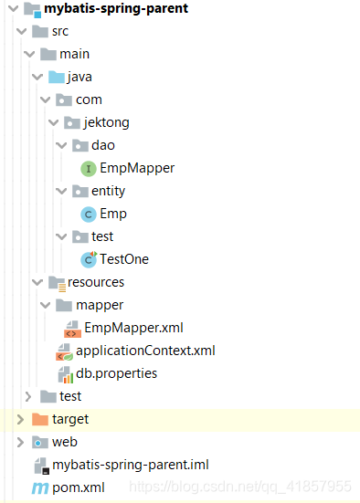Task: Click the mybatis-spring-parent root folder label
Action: pos(116,9)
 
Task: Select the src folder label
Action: pos(60,31)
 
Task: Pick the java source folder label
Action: pos(79,77)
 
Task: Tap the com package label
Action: pos(89,100)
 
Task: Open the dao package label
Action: pos(102,145)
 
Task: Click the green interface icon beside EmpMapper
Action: pos(89,168)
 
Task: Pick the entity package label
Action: pos(108,191)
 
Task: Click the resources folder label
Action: pos(95,282)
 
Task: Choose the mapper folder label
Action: pos(100,305)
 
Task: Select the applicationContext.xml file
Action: pos(145,351)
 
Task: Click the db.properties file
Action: pos(116,373)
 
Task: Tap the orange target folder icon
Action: pos(39,419)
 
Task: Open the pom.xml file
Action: pos(78,487)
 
